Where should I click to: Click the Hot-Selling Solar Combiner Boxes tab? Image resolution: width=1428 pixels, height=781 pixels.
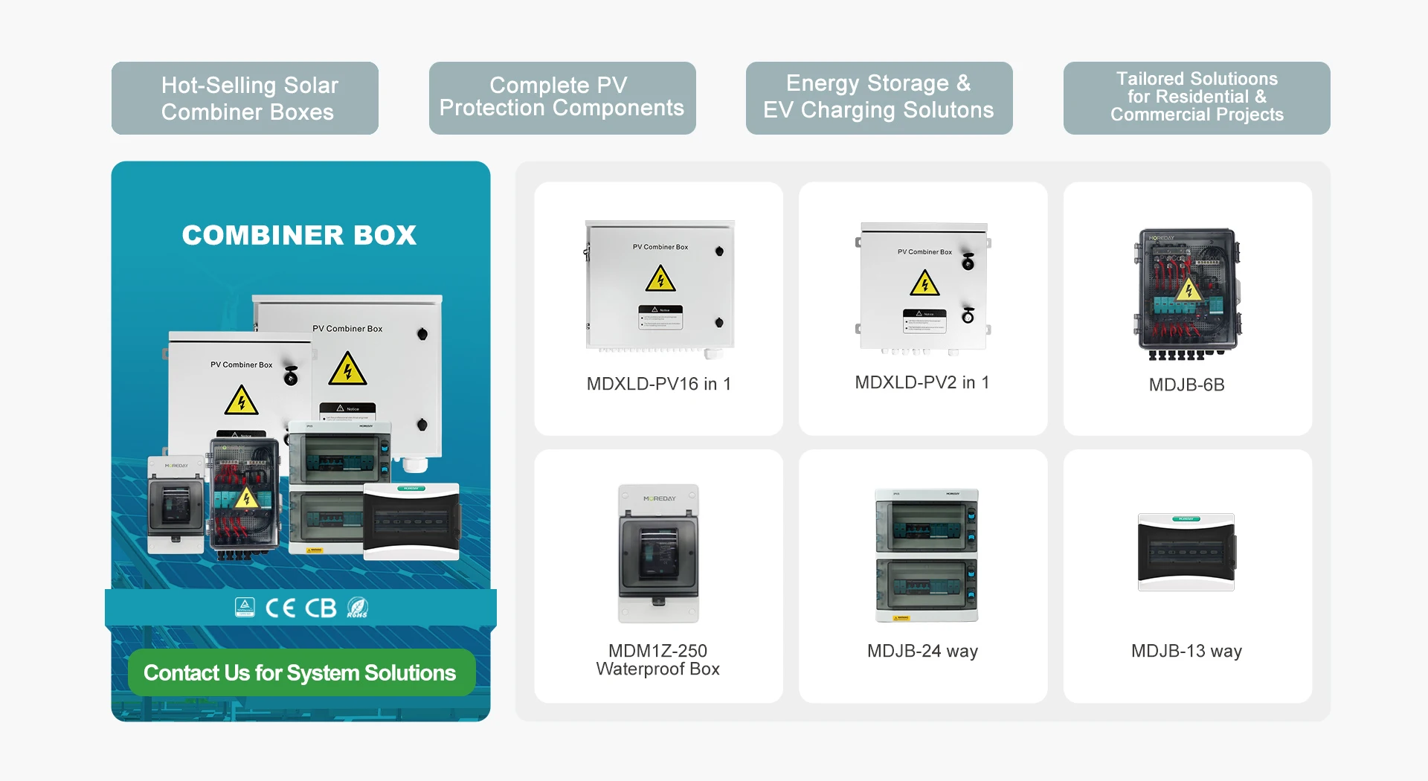[245, 98]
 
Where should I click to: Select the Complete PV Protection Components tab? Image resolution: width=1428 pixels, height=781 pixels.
[562, 97]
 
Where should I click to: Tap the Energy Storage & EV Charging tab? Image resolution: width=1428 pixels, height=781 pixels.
[878, 97]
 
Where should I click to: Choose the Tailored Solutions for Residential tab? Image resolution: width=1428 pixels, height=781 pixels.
[1196, 97]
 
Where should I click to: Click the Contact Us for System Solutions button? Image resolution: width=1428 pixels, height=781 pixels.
[300, 673]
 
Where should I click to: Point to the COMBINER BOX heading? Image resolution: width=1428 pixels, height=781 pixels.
[299, 235]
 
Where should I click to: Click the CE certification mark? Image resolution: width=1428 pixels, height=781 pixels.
[280, 608]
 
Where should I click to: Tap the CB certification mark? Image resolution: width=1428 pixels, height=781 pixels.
[321, 608]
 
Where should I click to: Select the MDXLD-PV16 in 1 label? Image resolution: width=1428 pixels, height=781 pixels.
[658, 384]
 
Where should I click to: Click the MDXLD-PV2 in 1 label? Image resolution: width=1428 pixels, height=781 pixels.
[922, 382]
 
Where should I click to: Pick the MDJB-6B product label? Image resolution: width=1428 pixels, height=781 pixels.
[1186, 385]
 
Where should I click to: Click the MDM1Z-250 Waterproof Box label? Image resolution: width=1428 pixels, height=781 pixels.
[658, 660]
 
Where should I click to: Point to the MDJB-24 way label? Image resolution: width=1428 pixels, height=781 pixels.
[922, 651]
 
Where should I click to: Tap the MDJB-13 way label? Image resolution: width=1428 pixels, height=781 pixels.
[1186, 651]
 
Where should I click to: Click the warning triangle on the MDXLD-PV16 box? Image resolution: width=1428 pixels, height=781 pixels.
[660, 280]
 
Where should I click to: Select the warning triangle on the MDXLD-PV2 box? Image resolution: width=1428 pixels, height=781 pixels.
[924, 283]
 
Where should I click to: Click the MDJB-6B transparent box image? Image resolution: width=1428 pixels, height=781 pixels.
[1187, 293]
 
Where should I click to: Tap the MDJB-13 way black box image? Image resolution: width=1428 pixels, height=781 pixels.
[1186, 552]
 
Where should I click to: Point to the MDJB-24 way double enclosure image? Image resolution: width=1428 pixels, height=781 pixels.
[927, 555]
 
